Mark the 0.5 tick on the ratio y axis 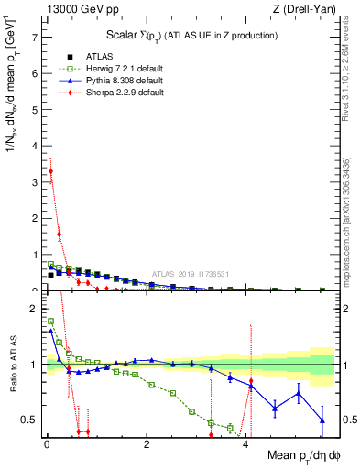(x=31, y=420)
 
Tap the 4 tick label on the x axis (x=246, y=443)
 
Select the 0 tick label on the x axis (x=47, y=443)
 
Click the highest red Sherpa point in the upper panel (x=50, y=171)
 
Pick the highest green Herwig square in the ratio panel (x=50, y=322)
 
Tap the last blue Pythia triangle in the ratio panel (x=322, y=420)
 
